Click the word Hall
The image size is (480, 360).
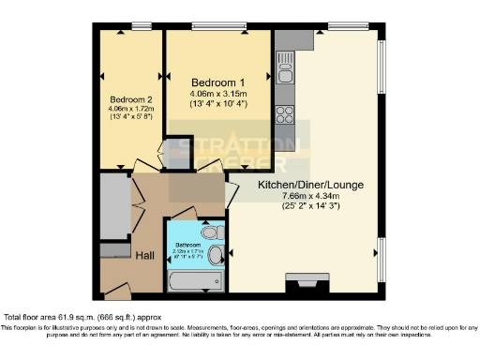145,254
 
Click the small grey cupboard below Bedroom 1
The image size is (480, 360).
174,153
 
